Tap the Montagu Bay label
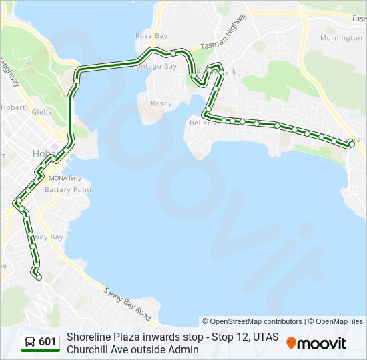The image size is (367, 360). click(153, 67)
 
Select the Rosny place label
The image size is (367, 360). click(161, 103)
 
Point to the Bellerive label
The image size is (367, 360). click(204, 123)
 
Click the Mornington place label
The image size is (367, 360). click(340, 38)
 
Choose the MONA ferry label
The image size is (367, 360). click(65, 179)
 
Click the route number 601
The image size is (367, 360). click(47, 342)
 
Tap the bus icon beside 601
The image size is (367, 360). click(30, 342)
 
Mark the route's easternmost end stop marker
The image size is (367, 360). click(352, 144)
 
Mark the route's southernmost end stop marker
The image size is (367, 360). click(39, 277)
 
